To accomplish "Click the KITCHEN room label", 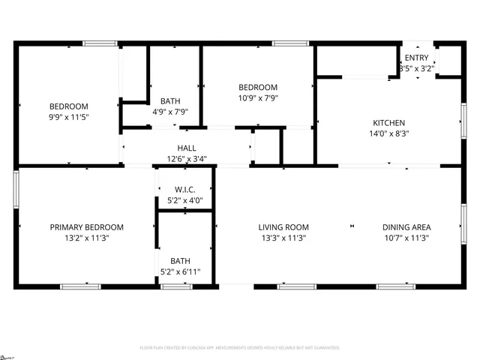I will (x=389, y=123).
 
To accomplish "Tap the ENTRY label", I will (x=417, y=58).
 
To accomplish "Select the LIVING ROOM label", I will (x=283, y=227).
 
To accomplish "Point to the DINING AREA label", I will (x=406, y=227).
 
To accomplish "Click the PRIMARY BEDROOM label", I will (x=86, y=227).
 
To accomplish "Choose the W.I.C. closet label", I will (x=185, y=189).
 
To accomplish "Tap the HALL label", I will (x=187, y=148).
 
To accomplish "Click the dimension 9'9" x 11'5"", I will (x=69, y=117).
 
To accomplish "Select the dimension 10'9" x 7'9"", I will (x=258, y=98).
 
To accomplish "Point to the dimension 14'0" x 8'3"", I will (x=389, y=134).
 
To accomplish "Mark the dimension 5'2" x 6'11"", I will (x=180, y=272).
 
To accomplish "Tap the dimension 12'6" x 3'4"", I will (x=187, y=158).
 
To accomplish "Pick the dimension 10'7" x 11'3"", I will (x=406, y=238).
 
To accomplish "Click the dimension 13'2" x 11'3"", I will (x=86, y=238).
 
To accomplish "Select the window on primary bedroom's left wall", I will (x=16, y=190).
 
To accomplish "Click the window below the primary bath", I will (x=177, y=286).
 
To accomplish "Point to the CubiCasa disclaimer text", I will (x=240, y=348).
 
